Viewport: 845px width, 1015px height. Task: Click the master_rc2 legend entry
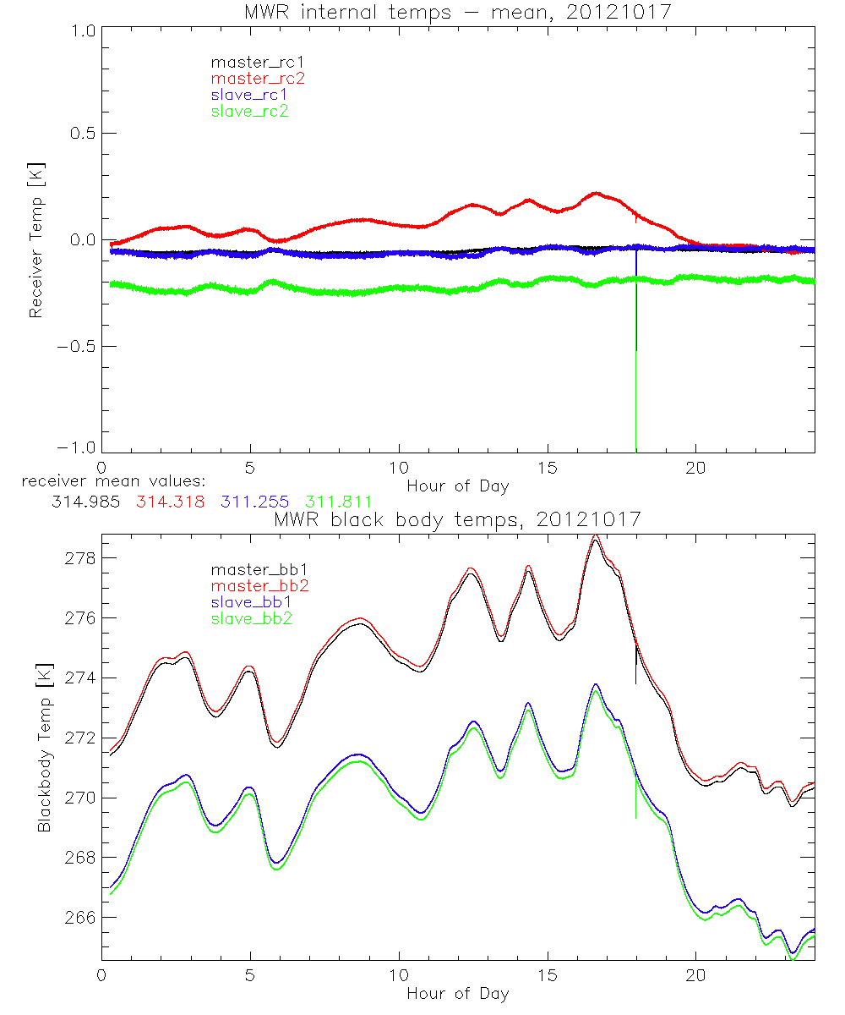(x=258, y=78)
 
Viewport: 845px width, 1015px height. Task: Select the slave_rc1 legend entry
(x=249, y=94)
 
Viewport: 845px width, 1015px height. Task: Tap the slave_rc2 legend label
(x=249, y=111)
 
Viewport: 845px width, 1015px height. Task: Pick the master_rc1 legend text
(x=257, y=62)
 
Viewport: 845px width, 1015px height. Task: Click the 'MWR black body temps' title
(x=457, y=520)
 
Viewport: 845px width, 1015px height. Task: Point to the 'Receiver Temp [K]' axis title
(x=35, y=239)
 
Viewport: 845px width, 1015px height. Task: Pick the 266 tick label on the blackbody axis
(x=80, y=918)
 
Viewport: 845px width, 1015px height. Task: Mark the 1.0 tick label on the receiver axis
(x=81, y=27)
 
